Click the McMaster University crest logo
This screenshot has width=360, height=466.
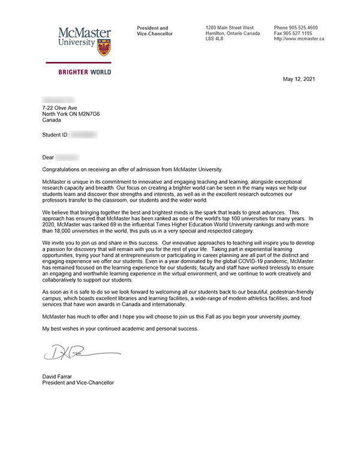(104, 45)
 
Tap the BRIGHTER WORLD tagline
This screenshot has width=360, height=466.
(84, 72)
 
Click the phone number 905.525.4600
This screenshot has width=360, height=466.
(303, 28)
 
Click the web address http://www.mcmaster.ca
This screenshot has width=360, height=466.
(299, 38)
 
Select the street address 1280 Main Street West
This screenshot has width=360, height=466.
(229, 28)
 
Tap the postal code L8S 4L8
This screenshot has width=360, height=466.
(214, 38)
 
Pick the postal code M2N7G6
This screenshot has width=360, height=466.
(101, 113)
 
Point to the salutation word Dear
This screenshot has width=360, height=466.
(48, 157)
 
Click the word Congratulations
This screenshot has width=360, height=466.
(65, 170)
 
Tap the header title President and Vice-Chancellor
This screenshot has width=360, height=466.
(154, 31)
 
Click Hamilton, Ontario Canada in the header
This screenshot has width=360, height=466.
(232, 33)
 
